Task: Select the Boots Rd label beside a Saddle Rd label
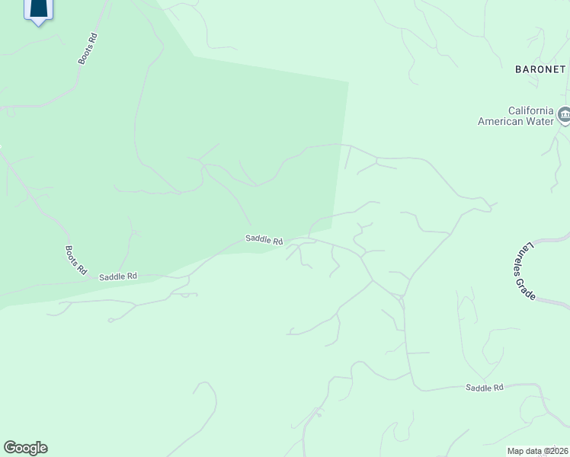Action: pos(76,260)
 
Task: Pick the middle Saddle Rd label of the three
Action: pos(264,239)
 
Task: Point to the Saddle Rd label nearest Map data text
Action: pos(485,388)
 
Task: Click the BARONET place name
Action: pos(540,69)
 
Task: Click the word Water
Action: pos(540,121)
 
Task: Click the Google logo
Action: pos(25,448)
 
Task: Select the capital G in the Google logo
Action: pos(10,447)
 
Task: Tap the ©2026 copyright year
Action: pos(555,451)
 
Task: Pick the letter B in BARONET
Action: pos(518,69)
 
